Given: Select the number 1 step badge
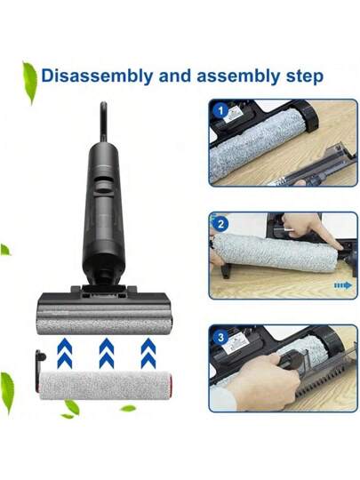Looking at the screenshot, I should tap(219, 112).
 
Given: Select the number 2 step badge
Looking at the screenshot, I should tap(219, 226).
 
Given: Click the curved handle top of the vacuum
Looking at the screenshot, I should tap(104, 116).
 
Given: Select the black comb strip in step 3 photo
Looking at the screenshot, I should tap(302, 391).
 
